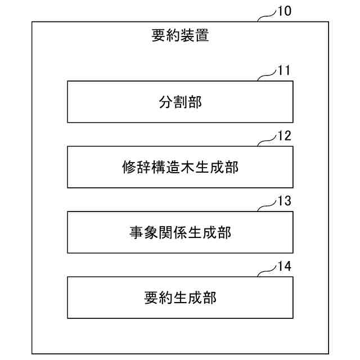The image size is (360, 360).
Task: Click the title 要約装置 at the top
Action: pos(180,36)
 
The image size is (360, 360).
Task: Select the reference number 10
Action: pos(284,11)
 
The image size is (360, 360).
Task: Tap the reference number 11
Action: pos(283,71)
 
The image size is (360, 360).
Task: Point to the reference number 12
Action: pos(284,136)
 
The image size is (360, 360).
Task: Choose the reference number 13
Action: pos(284,201)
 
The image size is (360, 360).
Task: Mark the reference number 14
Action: pos(284,267)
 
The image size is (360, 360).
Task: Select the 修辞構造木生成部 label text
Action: pos(180,167)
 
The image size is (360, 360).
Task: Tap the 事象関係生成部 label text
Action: pos(180,232)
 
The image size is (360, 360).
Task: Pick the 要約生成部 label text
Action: pos(180,298)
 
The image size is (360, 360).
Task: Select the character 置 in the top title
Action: pos(202,36)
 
